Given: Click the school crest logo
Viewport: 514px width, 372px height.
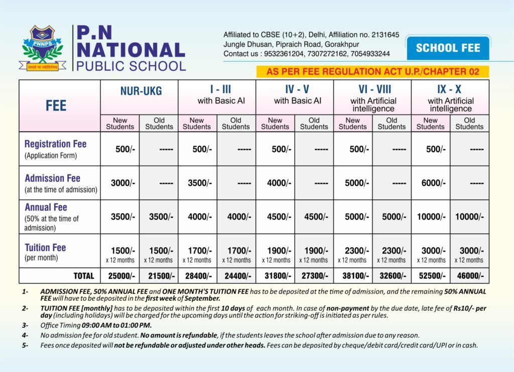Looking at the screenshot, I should (43, 48).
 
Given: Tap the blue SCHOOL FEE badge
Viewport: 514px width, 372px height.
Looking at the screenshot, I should (448, 48).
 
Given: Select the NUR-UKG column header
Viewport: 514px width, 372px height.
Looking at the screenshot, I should (139, 91).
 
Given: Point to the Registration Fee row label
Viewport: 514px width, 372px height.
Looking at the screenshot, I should (55, 144).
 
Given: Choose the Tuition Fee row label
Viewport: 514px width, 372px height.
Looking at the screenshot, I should (45, 247).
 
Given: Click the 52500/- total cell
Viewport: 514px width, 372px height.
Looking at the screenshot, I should (430, 276).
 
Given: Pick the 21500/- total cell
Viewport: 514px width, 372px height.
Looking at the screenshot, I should (158, 276).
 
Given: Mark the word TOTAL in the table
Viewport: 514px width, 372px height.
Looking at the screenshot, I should (83, 276).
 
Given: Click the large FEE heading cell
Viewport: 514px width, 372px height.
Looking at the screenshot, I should (56, 105).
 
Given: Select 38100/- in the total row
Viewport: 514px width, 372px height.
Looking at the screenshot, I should (353, 276).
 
